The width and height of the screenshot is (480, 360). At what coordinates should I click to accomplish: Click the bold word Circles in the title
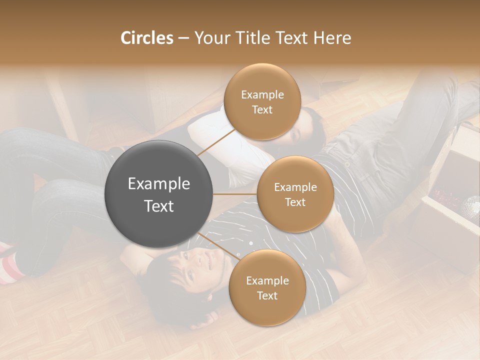[146, 38]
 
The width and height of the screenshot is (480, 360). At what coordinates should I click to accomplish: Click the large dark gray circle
[159, 194]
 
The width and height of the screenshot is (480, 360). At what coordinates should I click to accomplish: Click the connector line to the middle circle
[235, 194]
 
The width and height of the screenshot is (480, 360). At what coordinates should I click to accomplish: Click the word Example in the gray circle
[159, 184]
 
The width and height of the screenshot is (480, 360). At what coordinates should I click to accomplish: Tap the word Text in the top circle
[262, 109]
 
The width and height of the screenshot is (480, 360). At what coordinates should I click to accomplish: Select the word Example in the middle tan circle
[295, 187]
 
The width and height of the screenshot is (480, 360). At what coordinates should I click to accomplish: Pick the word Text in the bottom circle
[267, 295]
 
